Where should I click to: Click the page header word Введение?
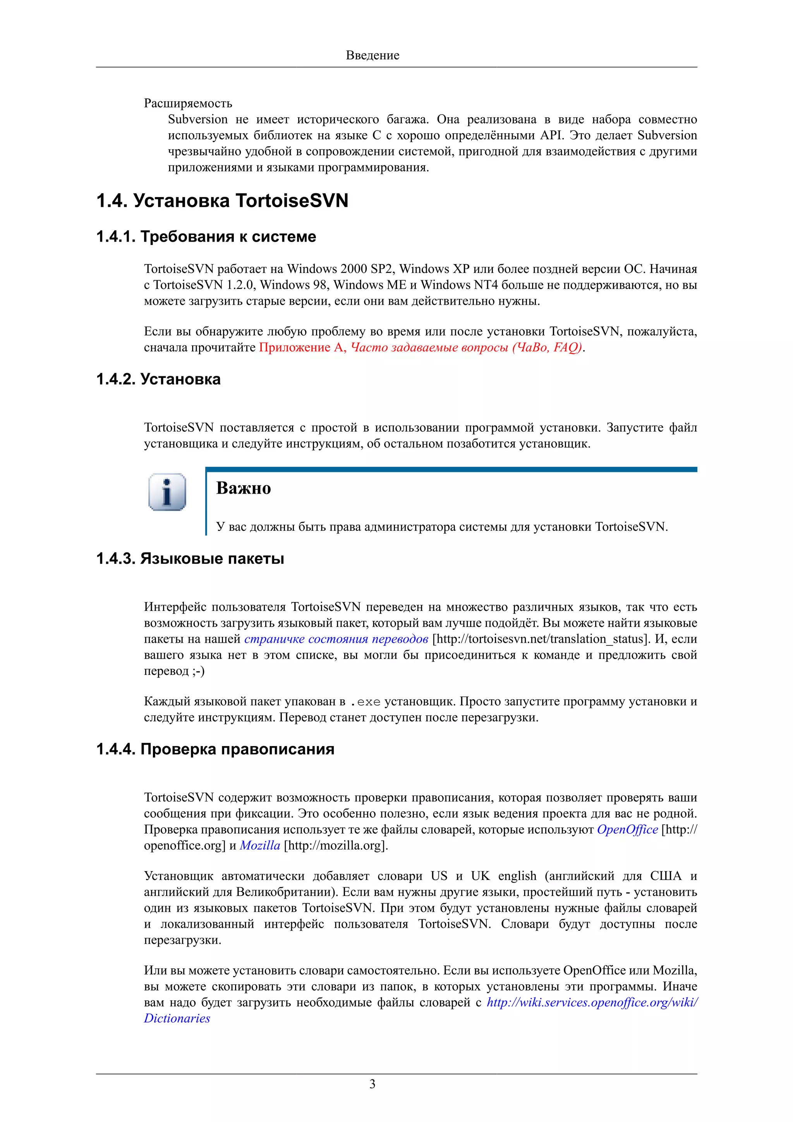click(x=372, y=55)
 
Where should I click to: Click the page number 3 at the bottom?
click(x=372, y=1084)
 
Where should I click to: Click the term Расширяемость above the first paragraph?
click(x=188, y=103)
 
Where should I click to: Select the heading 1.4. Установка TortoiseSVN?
click(x=222, y=201)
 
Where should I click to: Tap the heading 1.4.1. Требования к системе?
click(x=206, y=237)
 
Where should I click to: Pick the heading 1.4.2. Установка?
click(x=158, y=379)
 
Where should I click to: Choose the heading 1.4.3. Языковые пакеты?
click(x=190, y=559)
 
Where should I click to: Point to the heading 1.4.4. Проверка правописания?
click(x=215, y=749)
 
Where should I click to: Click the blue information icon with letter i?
click(x=167, y=492)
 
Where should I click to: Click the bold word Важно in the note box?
click(x=243, y=488)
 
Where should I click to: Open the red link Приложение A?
click(x=302, y=347)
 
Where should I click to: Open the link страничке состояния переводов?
click(x=336, y=639)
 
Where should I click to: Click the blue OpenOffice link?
click(x=627, y=830)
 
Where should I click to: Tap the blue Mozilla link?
click(x=260, y=846)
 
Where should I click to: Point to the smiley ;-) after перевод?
click(x=198, y=671)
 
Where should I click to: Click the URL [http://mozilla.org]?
click(x=336, y=846)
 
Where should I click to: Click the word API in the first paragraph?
click(x=552, y=136)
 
